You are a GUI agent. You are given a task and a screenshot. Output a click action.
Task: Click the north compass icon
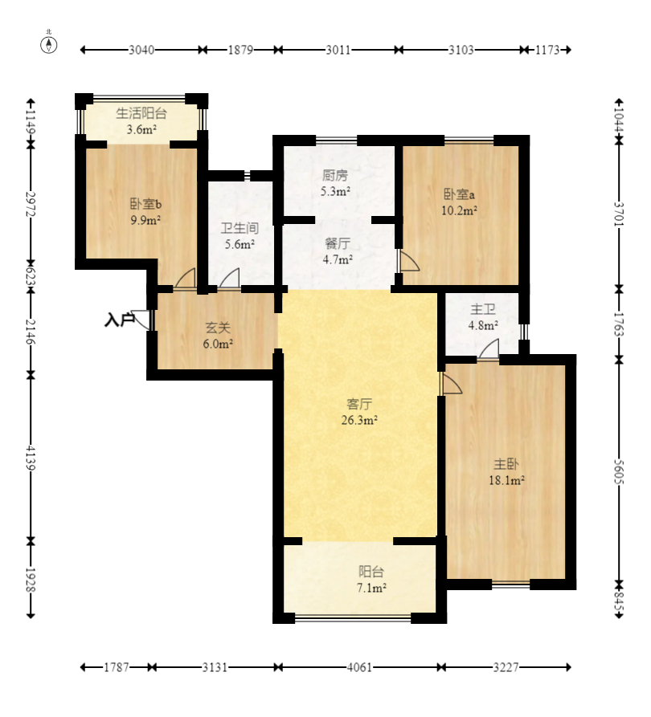tap(49, 44)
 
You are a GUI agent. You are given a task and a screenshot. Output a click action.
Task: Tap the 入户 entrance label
tap(120, 320)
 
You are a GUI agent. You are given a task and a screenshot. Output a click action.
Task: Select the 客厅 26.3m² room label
tap(359, 412)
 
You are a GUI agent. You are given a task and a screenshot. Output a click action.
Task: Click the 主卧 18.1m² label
tap(506, 472)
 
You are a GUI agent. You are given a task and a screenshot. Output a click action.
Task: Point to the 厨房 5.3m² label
tap(335, 183)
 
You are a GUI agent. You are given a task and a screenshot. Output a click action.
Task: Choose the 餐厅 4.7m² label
tap(338, 251)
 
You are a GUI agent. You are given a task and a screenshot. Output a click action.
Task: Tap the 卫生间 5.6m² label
tap(240, 235)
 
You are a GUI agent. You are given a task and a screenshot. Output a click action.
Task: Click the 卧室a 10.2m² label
tap(459, 202)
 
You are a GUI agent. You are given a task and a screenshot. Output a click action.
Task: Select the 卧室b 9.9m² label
tap(145, 212)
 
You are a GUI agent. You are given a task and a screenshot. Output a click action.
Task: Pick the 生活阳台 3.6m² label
tap(141, 121)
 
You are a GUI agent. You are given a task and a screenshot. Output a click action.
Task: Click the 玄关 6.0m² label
tap(218, 335)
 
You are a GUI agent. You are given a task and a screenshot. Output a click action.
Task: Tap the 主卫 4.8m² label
tap(483, 317)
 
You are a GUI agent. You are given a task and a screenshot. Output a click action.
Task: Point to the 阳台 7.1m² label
tap(371, 580)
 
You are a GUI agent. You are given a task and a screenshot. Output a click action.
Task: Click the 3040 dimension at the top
tap(141, 50)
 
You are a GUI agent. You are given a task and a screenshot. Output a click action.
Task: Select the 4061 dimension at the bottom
tap(359, 667)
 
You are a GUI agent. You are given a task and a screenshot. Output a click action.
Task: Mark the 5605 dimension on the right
tap(619, 471)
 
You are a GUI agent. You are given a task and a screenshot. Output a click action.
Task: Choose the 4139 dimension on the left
tap(31, 458)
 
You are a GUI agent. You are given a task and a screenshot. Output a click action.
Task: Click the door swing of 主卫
tap(489, 349)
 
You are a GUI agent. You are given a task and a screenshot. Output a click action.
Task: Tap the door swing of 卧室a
tap(409, 261)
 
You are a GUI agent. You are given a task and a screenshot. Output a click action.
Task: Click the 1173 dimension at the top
tap(547, 50)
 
